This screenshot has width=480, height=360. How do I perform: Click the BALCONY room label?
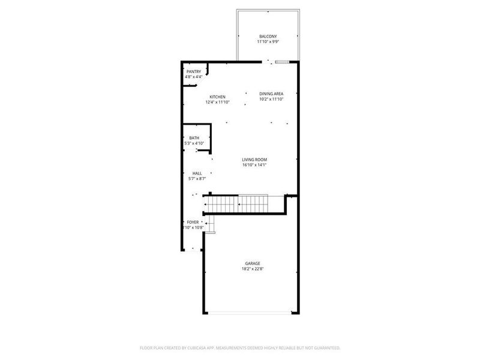pos(268,36)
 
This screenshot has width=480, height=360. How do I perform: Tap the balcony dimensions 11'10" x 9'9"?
pos(268,41)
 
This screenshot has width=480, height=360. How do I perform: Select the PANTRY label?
pos(193,72)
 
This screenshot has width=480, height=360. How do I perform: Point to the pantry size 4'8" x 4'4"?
pos(193,77)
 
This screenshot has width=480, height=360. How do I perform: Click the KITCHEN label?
pos(217,97)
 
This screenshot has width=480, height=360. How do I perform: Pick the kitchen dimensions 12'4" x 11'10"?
pos(217,102)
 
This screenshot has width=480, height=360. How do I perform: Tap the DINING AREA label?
pos(271,94)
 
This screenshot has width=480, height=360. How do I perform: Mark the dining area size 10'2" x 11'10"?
pos(271,99)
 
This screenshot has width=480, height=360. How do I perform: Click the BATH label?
pos(194,139)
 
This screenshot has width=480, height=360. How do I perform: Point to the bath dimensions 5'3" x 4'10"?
pos(194,143)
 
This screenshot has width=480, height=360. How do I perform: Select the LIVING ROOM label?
pos(254,160)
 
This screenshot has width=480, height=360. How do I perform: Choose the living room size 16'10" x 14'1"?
pos(254,165)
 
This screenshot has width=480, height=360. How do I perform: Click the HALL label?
pos(197,173)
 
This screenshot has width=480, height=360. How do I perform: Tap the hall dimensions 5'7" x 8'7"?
pos(197,178)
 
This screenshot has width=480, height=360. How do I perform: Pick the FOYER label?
pos(193,222)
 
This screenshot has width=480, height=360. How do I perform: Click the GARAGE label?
pos(253,263)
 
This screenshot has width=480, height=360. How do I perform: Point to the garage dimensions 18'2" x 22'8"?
pos(253,269)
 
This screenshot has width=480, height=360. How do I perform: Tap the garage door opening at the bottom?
pos(251,313)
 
